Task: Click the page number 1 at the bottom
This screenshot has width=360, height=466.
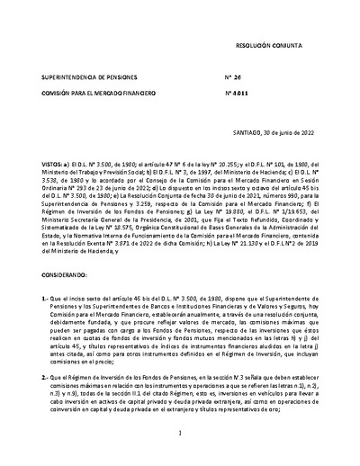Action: (180, 435)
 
